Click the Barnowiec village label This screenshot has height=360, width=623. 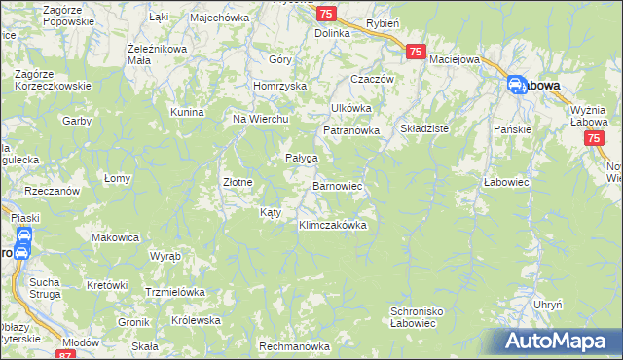(338, 185)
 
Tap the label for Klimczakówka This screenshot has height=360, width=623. (332, 225)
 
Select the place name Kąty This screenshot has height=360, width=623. (271, 211)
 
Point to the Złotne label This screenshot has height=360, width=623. (238, 181)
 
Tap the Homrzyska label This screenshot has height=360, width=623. (279, 85)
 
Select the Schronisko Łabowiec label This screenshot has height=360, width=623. (419, 318)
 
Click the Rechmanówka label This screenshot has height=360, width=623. (295, 346)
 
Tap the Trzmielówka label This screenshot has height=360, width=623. (174, 292)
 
